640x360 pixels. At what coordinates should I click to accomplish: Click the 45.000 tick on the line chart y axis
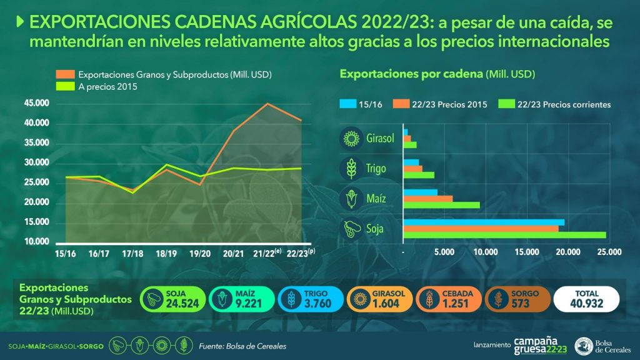pyautogui.click(x=37, y=103)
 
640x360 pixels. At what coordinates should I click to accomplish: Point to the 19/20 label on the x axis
pyautogui.click(x=200, y=254)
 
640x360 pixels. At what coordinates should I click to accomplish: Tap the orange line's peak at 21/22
pyautogui.click(x=267, y=104)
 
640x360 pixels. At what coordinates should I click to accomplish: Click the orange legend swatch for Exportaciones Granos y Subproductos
pyautogui.click(x=65, y=74)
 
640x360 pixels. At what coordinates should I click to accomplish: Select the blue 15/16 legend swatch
pyautogui.click(x=347, y=104)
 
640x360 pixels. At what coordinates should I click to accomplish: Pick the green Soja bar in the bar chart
pyautogui.click(x=504, y=235)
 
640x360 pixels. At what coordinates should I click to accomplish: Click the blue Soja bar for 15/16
pyautogui.click(x=484, y=222)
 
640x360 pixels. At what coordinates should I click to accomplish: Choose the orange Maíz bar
pyautogui.click(x=427, y=199)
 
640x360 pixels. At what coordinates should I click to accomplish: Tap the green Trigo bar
pyautogui.click(x=419, y=175)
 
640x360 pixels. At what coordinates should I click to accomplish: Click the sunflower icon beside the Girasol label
pyautogui.click(x=351, y=138)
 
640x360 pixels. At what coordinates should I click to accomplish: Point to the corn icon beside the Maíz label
pyautogui.click(x=351, y=199)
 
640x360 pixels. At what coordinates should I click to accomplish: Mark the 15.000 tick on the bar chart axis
pyautogui.click(x=526, y=252)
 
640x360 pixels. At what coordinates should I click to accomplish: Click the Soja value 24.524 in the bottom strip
pyautogui.click(x=182, y=304)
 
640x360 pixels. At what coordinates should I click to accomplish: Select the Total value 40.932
pyautogui.click(x=586, y=304)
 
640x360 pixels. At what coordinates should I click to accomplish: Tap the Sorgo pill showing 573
pyautogui.click(x=517, y=299)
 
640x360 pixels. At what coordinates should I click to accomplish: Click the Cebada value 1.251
pyautogui.click(x=456, y=304)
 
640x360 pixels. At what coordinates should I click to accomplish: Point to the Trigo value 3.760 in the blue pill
pyautogui.click(x=317, y=304)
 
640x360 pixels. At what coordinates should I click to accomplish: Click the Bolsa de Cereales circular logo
pyautogui.click(x=584, y=346)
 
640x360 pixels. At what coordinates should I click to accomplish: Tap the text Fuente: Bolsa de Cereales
pyautogui.click(x=242, y=346)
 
